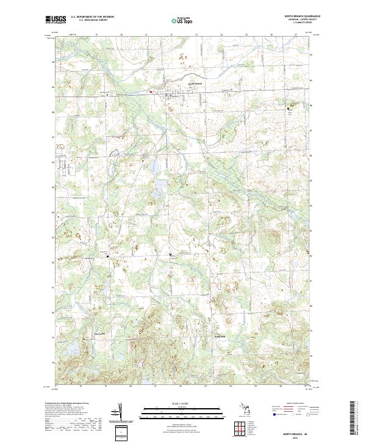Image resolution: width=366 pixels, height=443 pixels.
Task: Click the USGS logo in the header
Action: click(56, 20)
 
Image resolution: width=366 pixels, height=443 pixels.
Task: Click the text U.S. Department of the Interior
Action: click(92, 16)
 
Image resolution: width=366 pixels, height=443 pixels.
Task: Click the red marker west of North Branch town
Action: click(151, 92)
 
